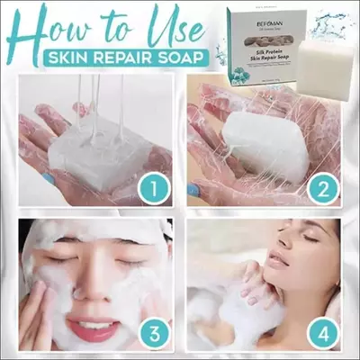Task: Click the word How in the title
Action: [56, 31]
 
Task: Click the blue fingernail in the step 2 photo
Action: [195, 190]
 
